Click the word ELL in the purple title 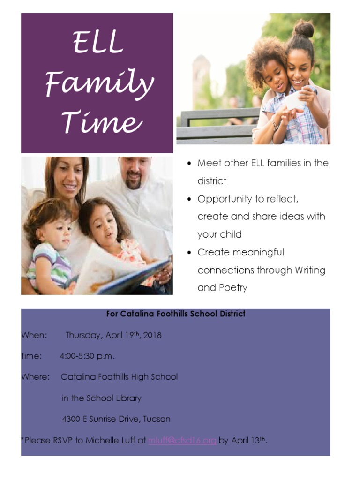pyautogui.click(x=98, y=42)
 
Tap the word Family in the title pyautogui.click(x=99, y=84)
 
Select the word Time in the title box pyautogui.click(x=102, y=123)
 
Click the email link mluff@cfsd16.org pyautogui.click(x=182, y=441)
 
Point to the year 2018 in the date pyautogui.click(x=150, y=335)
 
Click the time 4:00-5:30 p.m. pyautogui.click(x=87, y=356)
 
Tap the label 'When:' pyautogui.click(x=34, y=335)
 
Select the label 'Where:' pyautogui.click(x=36, y=377)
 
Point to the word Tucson pyautogui.click(x=157, y=419)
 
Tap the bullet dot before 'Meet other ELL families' pyautogui.click(x=188, y=164)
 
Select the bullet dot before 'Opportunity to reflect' pyautogui.click(x=188, y=199)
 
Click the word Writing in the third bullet pyautogui.click(x=310, y=270)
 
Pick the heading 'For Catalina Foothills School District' pyautogui.click(x=176, y=314)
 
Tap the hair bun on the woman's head pyautogui.click(x=304, y=29)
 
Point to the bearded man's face pyautogui.click(x=135, y=172)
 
